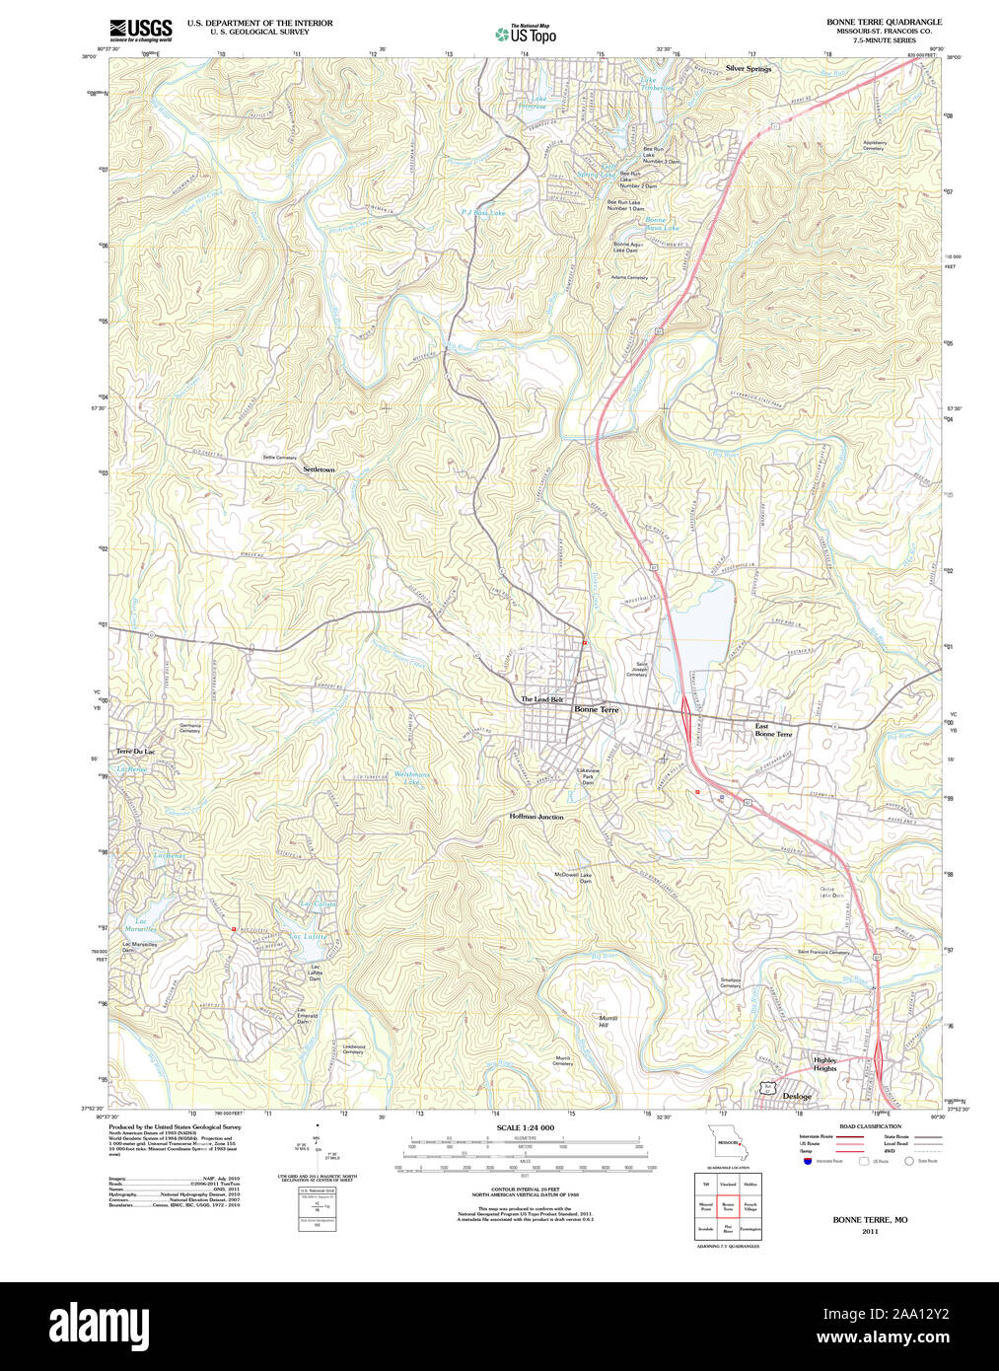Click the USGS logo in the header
pos(140,30)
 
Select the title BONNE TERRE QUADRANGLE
pos(884,22)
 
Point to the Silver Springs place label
pos(749,69)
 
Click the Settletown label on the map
pos(319,469)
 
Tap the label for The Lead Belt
pos(541,699)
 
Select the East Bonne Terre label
pos(772,730)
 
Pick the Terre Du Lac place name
pos(135,752)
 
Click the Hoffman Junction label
pos(536,817)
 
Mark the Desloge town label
pos(797,1096)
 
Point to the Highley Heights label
pos(824,1064)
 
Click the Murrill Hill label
pos(607,1021)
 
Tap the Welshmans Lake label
pos(411,777)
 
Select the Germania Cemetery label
pos(189,728)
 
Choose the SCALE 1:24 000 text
pos(525,1127)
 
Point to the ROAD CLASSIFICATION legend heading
pos(870,1126)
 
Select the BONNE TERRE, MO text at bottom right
pos(870,1220)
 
